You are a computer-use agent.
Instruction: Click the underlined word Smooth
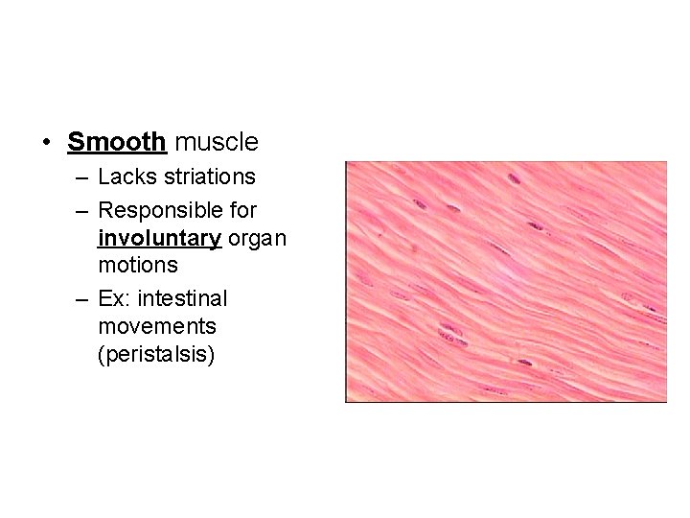point(117,143)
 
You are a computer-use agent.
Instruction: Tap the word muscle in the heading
point(217,143)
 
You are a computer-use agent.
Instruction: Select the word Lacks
point(122,177)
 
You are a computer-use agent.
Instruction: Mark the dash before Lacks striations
point(82,177)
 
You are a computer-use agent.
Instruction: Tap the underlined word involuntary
point(159,237)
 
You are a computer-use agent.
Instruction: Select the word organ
point(257,237)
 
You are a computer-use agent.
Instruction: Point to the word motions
point(138,264)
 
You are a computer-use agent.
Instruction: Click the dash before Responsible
point(82,209)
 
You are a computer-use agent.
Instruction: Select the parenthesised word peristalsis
point(156,354)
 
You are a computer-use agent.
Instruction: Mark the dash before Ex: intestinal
point(82,299)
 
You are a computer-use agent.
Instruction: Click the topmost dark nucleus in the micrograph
point(514,178)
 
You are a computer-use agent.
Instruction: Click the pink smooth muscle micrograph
point(505,281)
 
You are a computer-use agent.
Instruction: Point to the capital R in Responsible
point(105,209)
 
